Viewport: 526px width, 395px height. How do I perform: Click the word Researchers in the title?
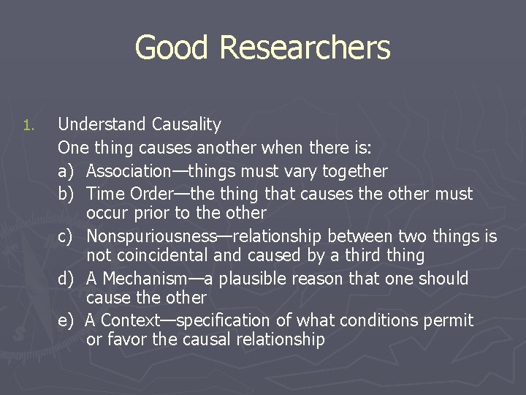pyautogui.click(x=304, y=48)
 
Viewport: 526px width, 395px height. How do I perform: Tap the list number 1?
pyautogui.click(x=28, y=126)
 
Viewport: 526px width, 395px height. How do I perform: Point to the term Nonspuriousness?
pyautogui.click(x=151, y=236)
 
